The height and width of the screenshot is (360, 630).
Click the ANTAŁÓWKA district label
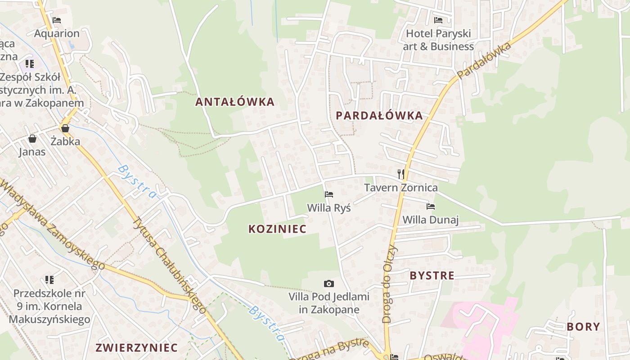234,102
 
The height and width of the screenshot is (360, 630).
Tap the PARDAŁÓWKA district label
379,116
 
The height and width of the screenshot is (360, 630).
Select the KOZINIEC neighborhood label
277,229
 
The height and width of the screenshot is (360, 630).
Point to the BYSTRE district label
432,276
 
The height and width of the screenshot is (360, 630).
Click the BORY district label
583,327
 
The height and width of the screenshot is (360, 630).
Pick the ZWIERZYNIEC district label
136,348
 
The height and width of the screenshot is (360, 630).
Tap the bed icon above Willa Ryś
329,194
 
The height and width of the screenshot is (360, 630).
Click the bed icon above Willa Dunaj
431,207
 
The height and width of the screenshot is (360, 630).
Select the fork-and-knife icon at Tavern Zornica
401,174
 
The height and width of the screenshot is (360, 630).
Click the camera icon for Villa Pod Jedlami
329,283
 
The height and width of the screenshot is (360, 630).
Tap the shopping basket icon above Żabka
65,128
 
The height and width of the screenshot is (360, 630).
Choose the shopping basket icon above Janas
32,139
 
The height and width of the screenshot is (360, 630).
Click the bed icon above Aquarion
57,20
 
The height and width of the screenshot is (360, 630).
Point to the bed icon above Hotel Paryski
438,20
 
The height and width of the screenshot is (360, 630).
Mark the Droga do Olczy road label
390,284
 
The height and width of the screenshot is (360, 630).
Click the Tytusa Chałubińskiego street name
169,265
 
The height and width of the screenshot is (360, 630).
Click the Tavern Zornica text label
400,187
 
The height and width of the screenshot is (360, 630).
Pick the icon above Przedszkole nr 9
49,280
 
